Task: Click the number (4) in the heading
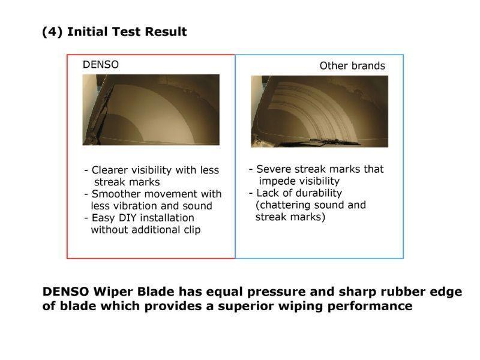[x=52, y=32]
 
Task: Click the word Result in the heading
[x=166, y=32]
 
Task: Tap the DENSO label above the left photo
[x=101, y=65]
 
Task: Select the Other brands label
[x=352, y=66]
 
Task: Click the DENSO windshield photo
[x=151, y=110]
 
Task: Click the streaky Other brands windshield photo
[x=320, y=112]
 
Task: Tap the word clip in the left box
[x=192, y=230]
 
